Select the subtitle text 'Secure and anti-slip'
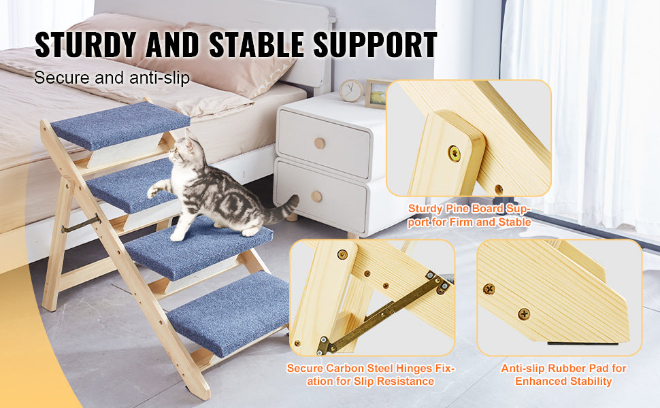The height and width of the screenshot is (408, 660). click(x=112, y=78)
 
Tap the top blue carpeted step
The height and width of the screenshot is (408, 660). click(x=120, y=124)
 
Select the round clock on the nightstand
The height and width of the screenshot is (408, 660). click(x=351, y=90)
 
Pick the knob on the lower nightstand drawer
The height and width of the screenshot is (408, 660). click(x=316, y=197)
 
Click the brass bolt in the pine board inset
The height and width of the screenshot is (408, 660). click(x=454, y=153)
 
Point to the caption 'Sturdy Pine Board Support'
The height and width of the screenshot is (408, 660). click(x=469, y=216)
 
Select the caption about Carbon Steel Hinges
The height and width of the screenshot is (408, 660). click(x=371, y=375)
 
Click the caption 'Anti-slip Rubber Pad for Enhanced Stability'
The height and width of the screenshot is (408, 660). click(x=563, y=375)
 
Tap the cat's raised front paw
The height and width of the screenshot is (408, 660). click(x=152, y=192)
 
